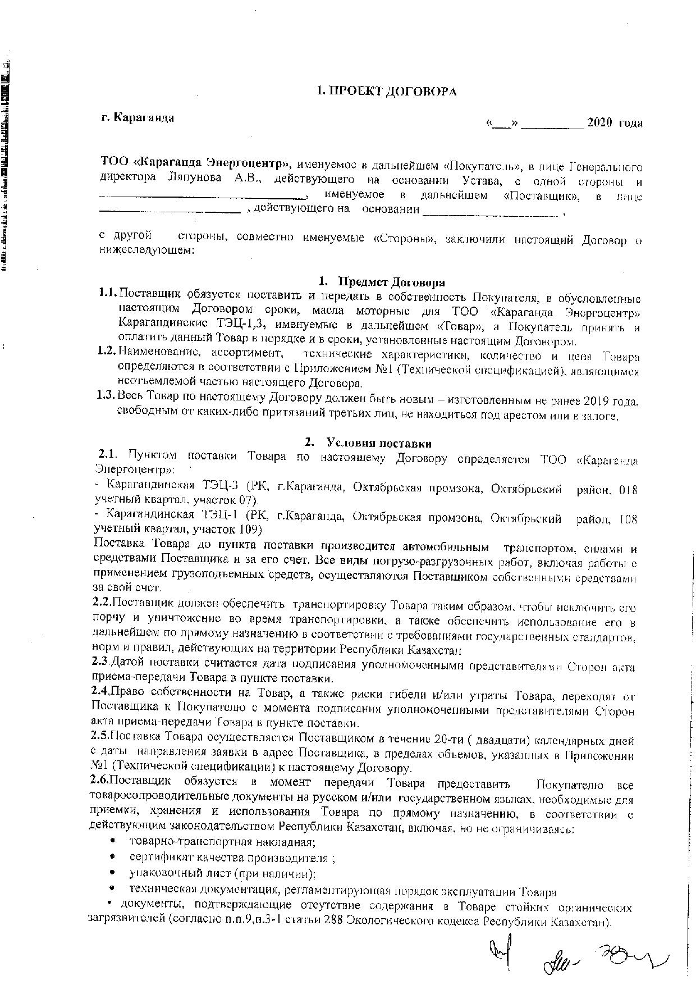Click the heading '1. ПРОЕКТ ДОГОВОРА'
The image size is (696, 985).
click(x=386, y=91)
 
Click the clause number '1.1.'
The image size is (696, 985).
click(x=106, y=293)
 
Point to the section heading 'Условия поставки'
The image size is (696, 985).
click(x=379, y=444)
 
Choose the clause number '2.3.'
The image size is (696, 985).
click(x=102, y=663)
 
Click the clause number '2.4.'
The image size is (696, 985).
click(x=102, y=693)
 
